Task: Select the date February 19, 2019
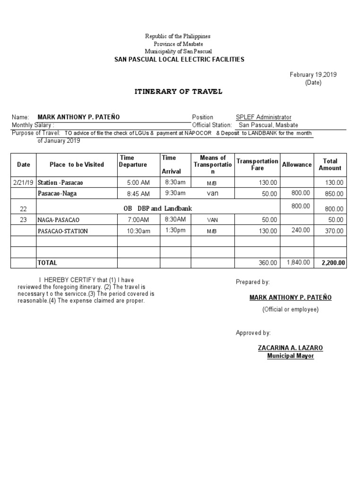(313, 75)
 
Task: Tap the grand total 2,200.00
(334, 263)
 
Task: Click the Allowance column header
(297, 164)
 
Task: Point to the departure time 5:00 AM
(138, 182)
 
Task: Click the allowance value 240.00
(301, 230)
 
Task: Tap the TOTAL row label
(47, 262)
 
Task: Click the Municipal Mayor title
(290, 356)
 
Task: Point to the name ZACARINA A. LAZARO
(290, 348)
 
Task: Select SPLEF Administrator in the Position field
(263, 117)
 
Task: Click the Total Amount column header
(330, 164)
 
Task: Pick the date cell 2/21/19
(23, 182)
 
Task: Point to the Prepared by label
(253, 282)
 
